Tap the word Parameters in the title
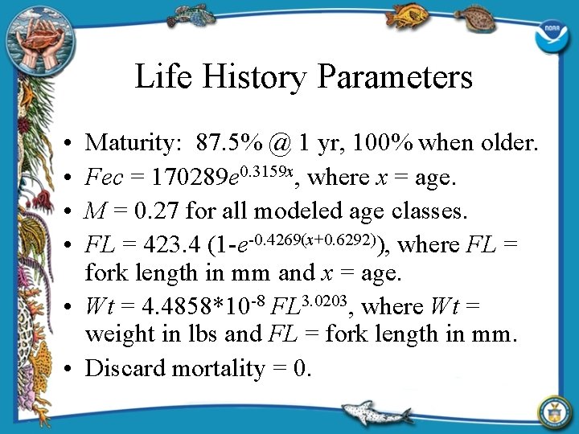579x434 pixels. coord(394,77)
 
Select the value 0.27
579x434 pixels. coord(157,211)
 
